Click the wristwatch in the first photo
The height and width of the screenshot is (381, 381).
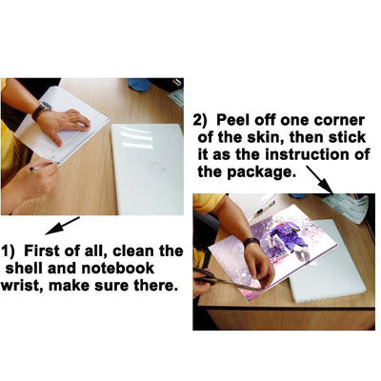coord(41,110)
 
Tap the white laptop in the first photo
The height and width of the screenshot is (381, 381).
coord(148,169)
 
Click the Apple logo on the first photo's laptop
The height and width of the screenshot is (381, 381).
coord(159,167)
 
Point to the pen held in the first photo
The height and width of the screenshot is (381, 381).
coord(41,168)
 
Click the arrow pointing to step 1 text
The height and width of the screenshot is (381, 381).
coord(62,226)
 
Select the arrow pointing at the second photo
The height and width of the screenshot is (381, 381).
coord(320,179)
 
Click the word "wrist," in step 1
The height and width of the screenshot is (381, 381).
coord(21,286)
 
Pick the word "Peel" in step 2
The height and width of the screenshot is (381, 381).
coord(231,120)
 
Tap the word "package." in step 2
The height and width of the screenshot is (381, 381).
coord(260,172)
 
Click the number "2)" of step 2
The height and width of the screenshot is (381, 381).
coord(200,120)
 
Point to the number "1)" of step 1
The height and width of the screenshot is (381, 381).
coord(8,251)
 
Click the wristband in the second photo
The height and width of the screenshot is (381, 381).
coord(251,242)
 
